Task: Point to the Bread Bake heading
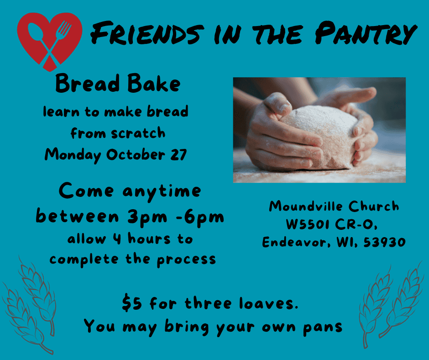118,83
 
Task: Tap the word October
136,154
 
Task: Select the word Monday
73,155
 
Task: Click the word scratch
138,133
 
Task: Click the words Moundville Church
334,206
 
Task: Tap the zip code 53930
384,242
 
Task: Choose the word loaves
268,303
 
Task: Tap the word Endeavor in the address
296,242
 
